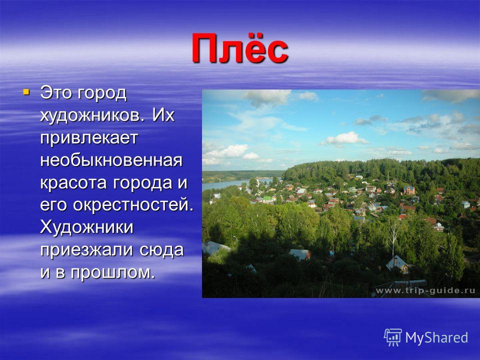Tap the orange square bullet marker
click(x=26, y=91)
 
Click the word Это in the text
click(x=55, y=93)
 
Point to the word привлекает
click(x=89, y=138)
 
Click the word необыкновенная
click(x=111, y=160)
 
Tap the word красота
click(x=74, y=183)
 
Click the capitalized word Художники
click(x=86, y=227)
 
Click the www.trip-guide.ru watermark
click(x=425, y=290)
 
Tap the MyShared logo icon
click(x=393, y=337)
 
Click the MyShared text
click(x=436, y=337)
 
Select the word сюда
click(x=161, y=250)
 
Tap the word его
click(x=53, y=205)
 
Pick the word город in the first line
click(x=101, y=93)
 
